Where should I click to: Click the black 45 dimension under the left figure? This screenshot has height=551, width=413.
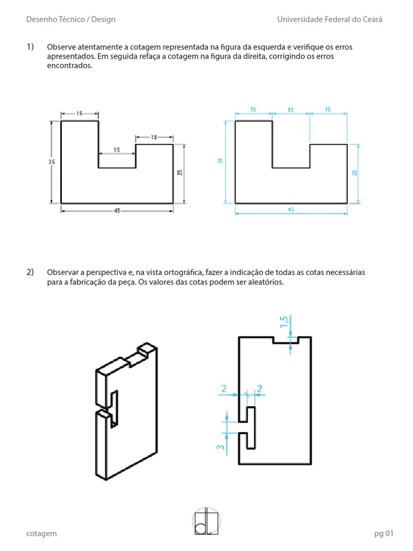pos(117,211)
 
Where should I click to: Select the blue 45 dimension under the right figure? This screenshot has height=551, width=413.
pos(291,210)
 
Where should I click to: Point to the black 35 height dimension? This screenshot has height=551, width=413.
pos(52,161)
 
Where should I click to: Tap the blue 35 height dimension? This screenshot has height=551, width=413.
pos(220,161)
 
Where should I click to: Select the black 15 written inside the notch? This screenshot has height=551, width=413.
pos(117,150)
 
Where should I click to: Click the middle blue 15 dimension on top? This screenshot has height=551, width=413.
pos(290,110)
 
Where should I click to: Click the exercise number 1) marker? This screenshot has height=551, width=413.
pos(30,47)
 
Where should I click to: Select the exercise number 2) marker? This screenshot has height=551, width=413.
pos(30,272)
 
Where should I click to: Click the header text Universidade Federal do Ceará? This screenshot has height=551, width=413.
pos(330,19)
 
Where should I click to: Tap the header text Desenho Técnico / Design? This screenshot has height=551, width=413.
pos(70,19)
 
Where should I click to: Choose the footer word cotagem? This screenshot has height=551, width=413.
pos(41,533)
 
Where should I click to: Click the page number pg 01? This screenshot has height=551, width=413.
pos(384,533)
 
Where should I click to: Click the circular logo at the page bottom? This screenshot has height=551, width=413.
pos(206,520)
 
